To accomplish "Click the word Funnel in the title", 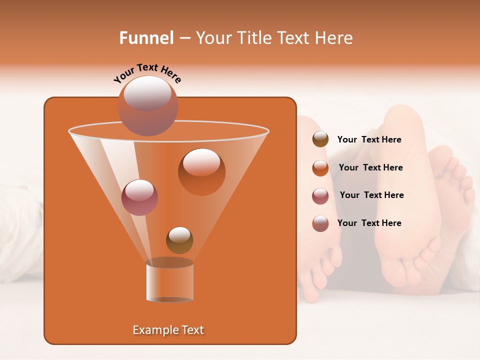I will point(146,38).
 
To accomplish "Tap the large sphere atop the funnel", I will point(147,105).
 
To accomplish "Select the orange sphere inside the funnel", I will point(201,171).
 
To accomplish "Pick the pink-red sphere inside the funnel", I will point(139,197).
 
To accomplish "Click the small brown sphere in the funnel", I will point(179,240).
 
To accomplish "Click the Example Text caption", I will point(168,330).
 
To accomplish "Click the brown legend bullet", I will point(320,139).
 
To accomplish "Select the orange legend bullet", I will point(320,168).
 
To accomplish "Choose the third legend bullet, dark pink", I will point(320,195).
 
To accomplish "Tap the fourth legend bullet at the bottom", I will point(320,223).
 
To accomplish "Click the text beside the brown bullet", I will point(369,140).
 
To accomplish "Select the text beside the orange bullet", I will point(370,168).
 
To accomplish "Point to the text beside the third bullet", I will point(371,195).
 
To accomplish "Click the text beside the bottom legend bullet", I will point(369,223).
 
